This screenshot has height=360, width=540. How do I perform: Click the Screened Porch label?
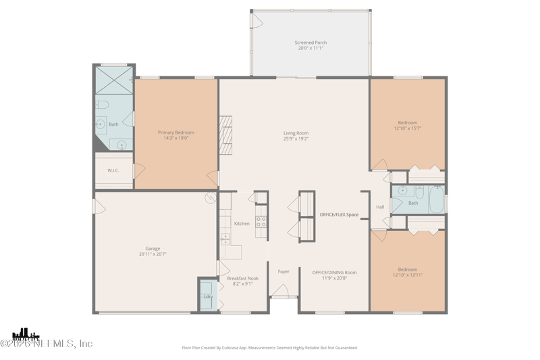tap(310, 43)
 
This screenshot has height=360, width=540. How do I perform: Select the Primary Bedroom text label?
tap(175, 132)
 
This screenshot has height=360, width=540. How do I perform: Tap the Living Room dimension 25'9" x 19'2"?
tap(296, 139)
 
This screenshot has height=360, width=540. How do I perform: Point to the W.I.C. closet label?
tap(113, 170)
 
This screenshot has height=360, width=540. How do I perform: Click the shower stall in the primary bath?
tap(113, 80)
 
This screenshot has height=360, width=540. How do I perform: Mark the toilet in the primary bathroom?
tap(102, 105)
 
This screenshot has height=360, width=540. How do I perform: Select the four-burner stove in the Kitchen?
tap(261, 221)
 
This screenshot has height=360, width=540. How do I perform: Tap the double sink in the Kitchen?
tap(225, 238)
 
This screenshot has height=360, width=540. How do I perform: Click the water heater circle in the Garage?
tap(210, 198)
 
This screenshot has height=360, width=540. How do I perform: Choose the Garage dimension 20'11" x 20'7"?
tap(153, 254)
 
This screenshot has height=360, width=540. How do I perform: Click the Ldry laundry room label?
tap(208, 296)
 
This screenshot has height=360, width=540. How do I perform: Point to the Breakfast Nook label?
tap(242, 278)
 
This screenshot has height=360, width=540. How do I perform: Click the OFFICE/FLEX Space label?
tap(339, 215)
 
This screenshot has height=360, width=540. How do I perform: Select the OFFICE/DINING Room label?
tap(334, 272)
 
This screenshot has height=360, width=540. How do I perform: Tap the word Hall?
tap(380, 207)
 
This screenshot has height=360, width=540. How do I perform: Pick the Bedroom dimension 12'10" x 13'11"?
tap(407, 275)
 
